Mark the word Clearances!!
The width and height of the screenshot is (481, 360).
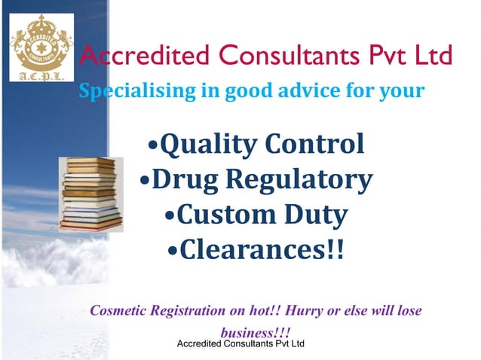click(x=261, y=249)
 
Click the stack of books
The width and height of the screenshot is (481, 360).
click(x=90, y=194)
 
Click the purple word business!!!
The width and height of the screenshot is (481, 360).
click(x=256, y=332)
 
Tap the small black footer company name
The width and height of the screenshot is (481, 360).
click(x=240, y=344)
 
